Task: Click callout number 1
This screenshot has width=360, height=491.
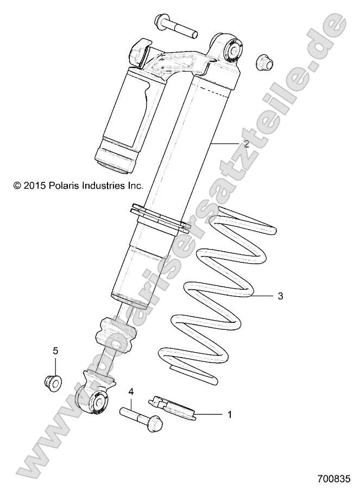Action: [x=229, y=415]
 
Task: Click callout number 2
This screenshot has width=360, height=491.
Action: [x=246, y=144]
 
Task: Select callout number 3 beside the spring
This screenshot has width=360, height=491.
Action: [x=280, y=296]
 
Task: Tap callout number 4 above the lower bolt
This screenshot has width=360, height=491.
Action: [x=131, y=391]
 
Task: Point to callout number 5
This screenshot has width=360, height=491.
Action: [x=55, y=350]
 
